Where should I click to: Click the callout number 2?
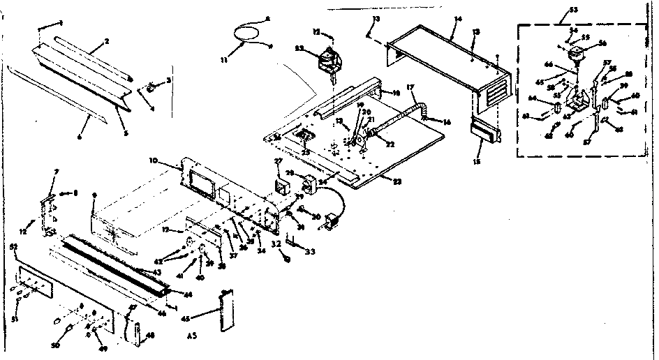tap(106, 41)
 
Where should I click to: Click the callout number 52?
tap(13, 247)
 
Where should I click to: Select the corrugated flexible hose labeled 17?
tap(399, 121)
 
